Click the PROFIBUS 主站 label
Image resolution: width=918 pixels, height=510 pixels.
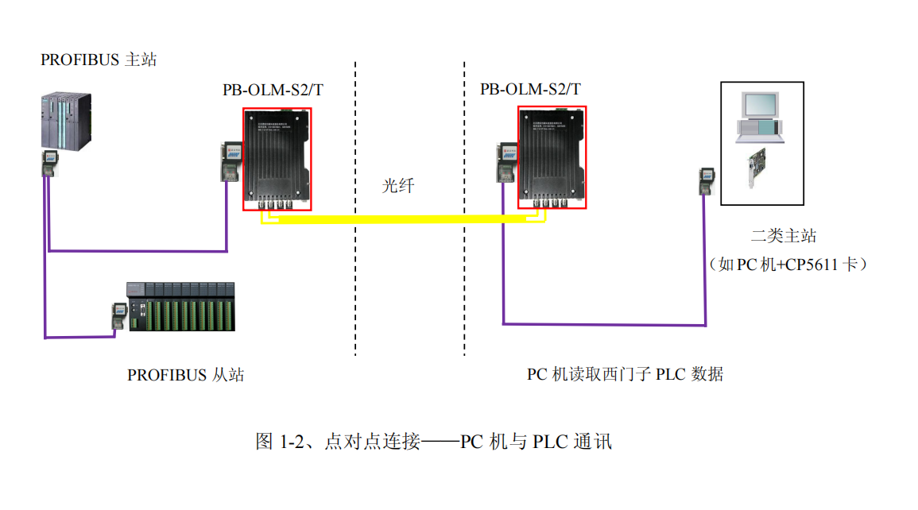click(x=99, y=60)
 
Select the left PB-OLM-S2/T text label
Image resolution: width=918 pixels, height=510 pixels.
click(x=273, y=90)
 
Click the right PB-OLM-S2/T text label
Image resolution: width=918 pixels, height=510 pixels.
click(x=530, y=89)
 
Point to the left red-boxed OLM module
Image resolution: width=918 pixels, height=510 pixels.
click(x=277, y=158)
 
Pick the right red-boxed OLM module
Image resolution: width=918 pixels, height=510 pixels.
click(x=552, y=156)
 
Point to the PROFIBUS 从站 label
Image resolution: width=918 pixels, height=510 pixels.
click(x=185, y=375)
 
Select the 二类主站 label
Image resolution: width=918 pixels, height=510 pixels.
click(x=784, y=236)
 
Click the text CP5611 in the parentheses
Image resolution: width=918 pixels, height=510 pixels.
click(x=811, y=265)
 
